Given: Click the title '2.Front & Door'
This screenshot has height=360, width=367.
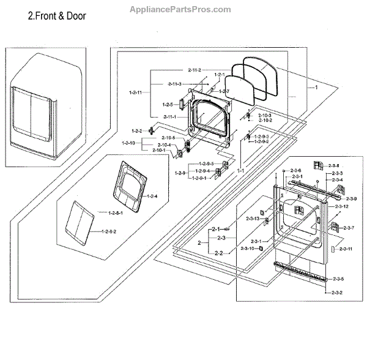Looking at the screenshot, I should pos(57,17).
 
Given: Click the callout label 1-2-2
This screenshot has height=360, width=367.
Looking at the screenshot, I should pos(137,130).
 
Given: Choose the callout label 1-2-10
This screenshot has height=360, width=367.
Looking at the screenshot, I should pos(128,143).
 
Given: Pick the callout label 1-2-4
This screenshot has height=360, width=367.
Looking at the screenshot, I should pos(153,196).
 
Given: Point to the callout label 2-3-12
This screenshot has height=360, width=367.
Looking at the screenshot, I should pos(342,207).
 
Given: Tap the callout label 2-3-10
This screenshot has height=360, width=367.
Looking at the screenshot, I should pos(248,248).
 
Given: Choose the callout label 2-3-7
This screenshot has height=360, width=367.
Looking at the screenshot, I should pos(349,228).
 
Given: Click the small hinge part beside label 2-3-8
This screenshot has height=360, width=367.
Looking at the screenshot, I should pos(317,165).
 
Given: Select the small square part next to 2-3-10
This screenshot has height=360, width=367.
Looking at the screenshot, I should pos(261,249).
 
